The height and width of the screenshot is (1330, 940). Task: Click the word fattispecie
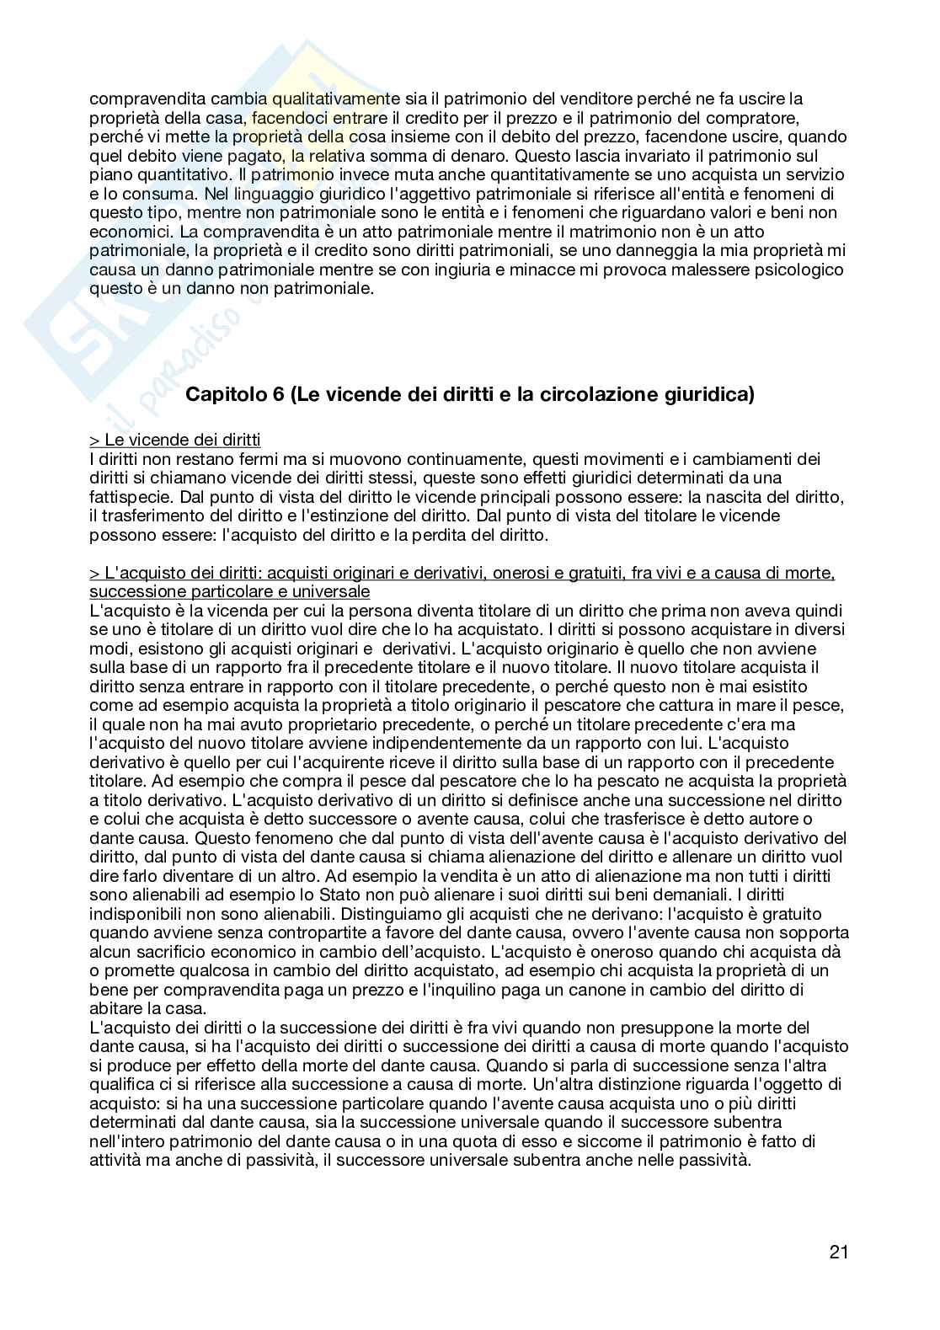tap(126, 497)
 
